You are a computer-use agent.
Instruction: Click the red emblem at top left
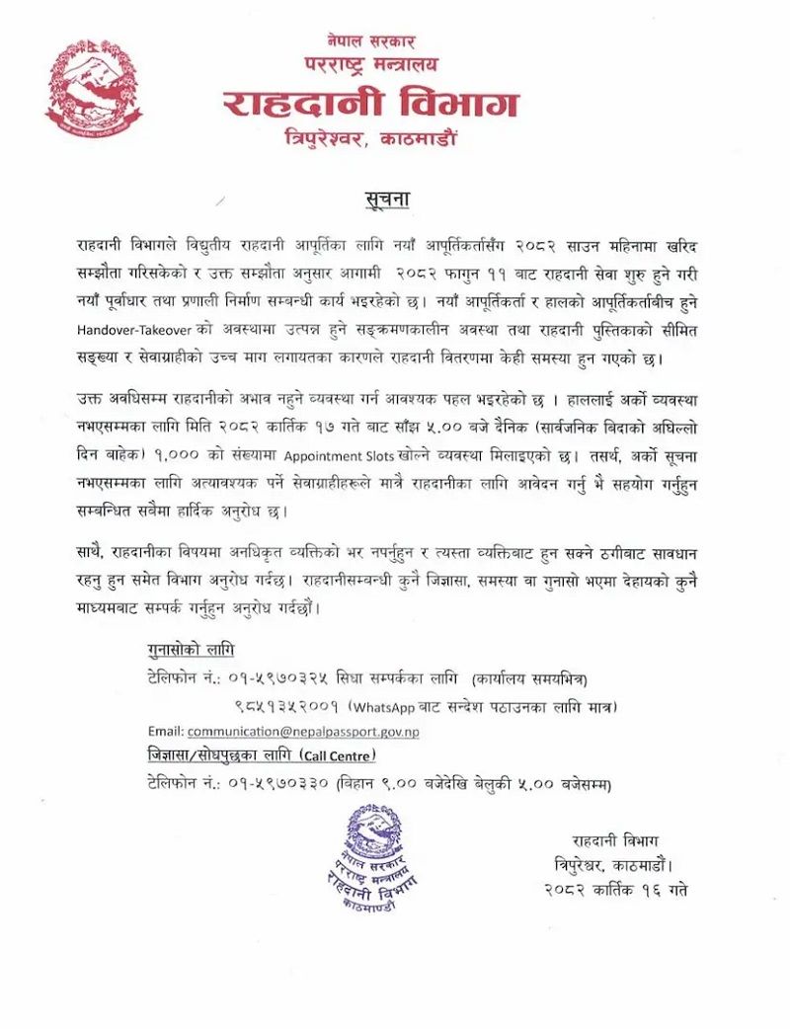point(93,89)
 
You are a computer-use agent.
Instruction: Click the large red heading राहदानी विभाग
point(370,104)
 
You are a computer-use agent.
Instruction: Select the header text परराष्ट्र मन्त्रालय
point(370,65)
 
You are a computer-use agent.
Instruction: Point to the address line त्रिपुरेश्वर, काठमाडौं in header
point(370,139)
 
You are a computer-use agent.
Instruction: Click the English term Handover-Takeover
point(133,330)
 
